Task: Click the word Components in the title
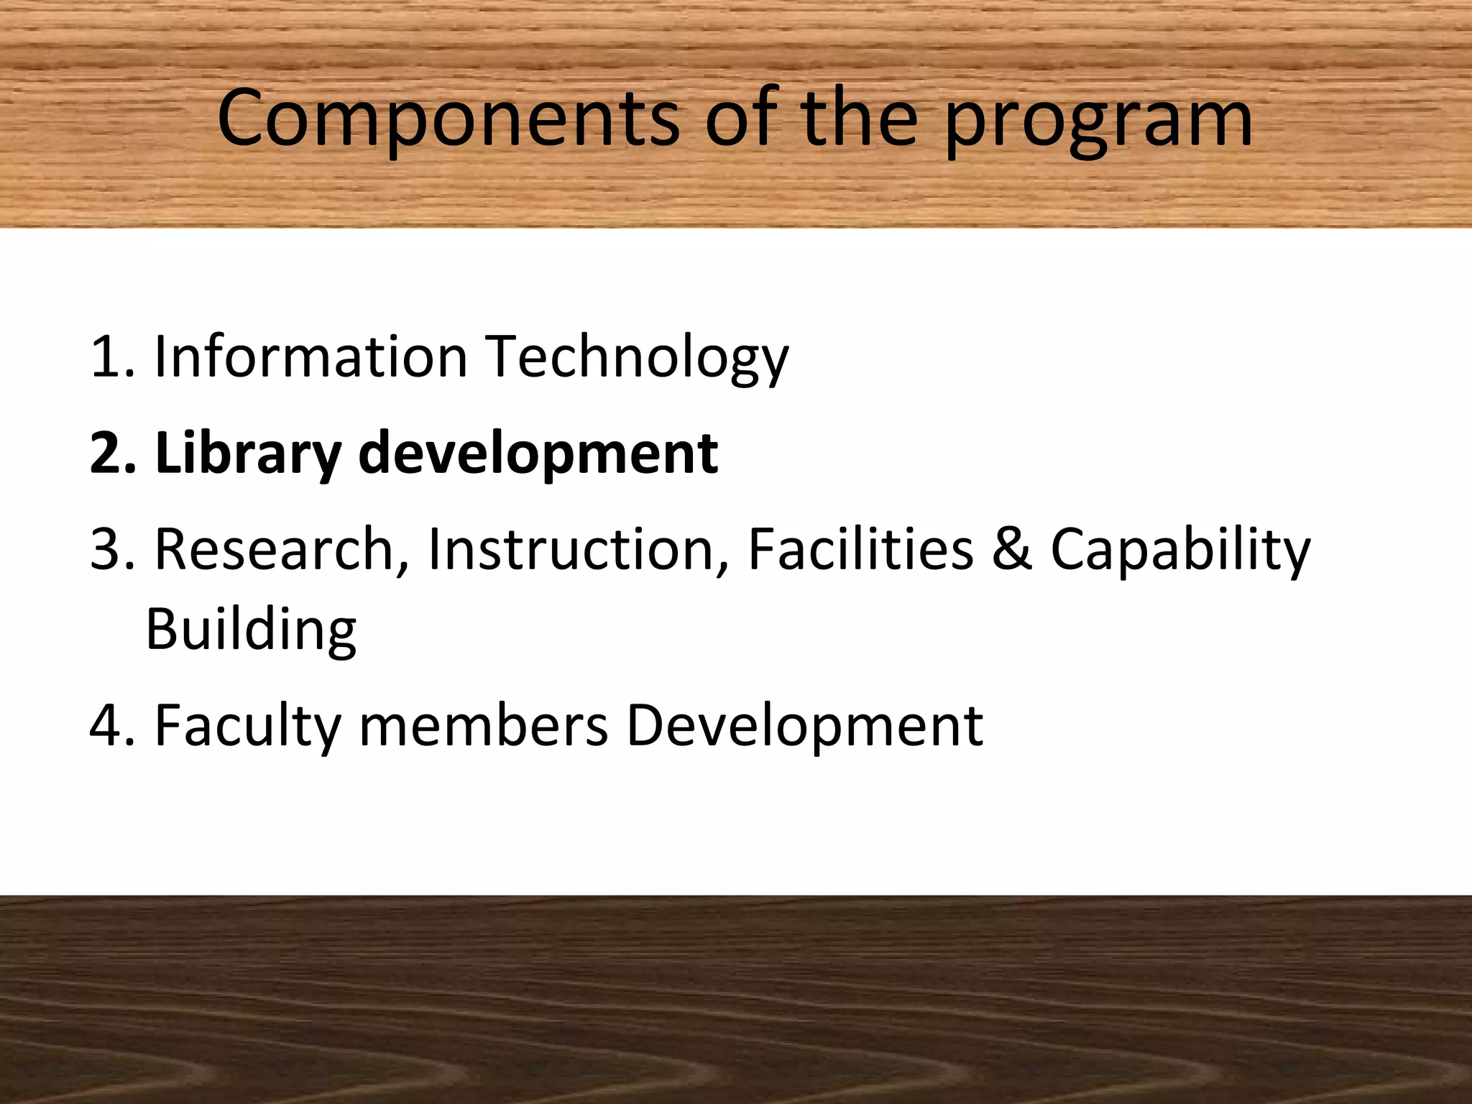click(448, 119)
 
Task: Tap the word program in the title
click(1099, 121)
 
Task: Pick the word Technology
click(637, 358)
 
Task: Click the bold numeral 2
click(106, 454)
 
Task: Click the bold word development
click(538, 454)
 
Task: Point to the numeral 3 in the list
click(106, 550)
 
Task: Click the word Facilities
click(860, 550)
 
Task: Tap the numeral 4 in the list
click(106, 726)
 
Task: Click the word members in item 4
click(483, 726)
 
